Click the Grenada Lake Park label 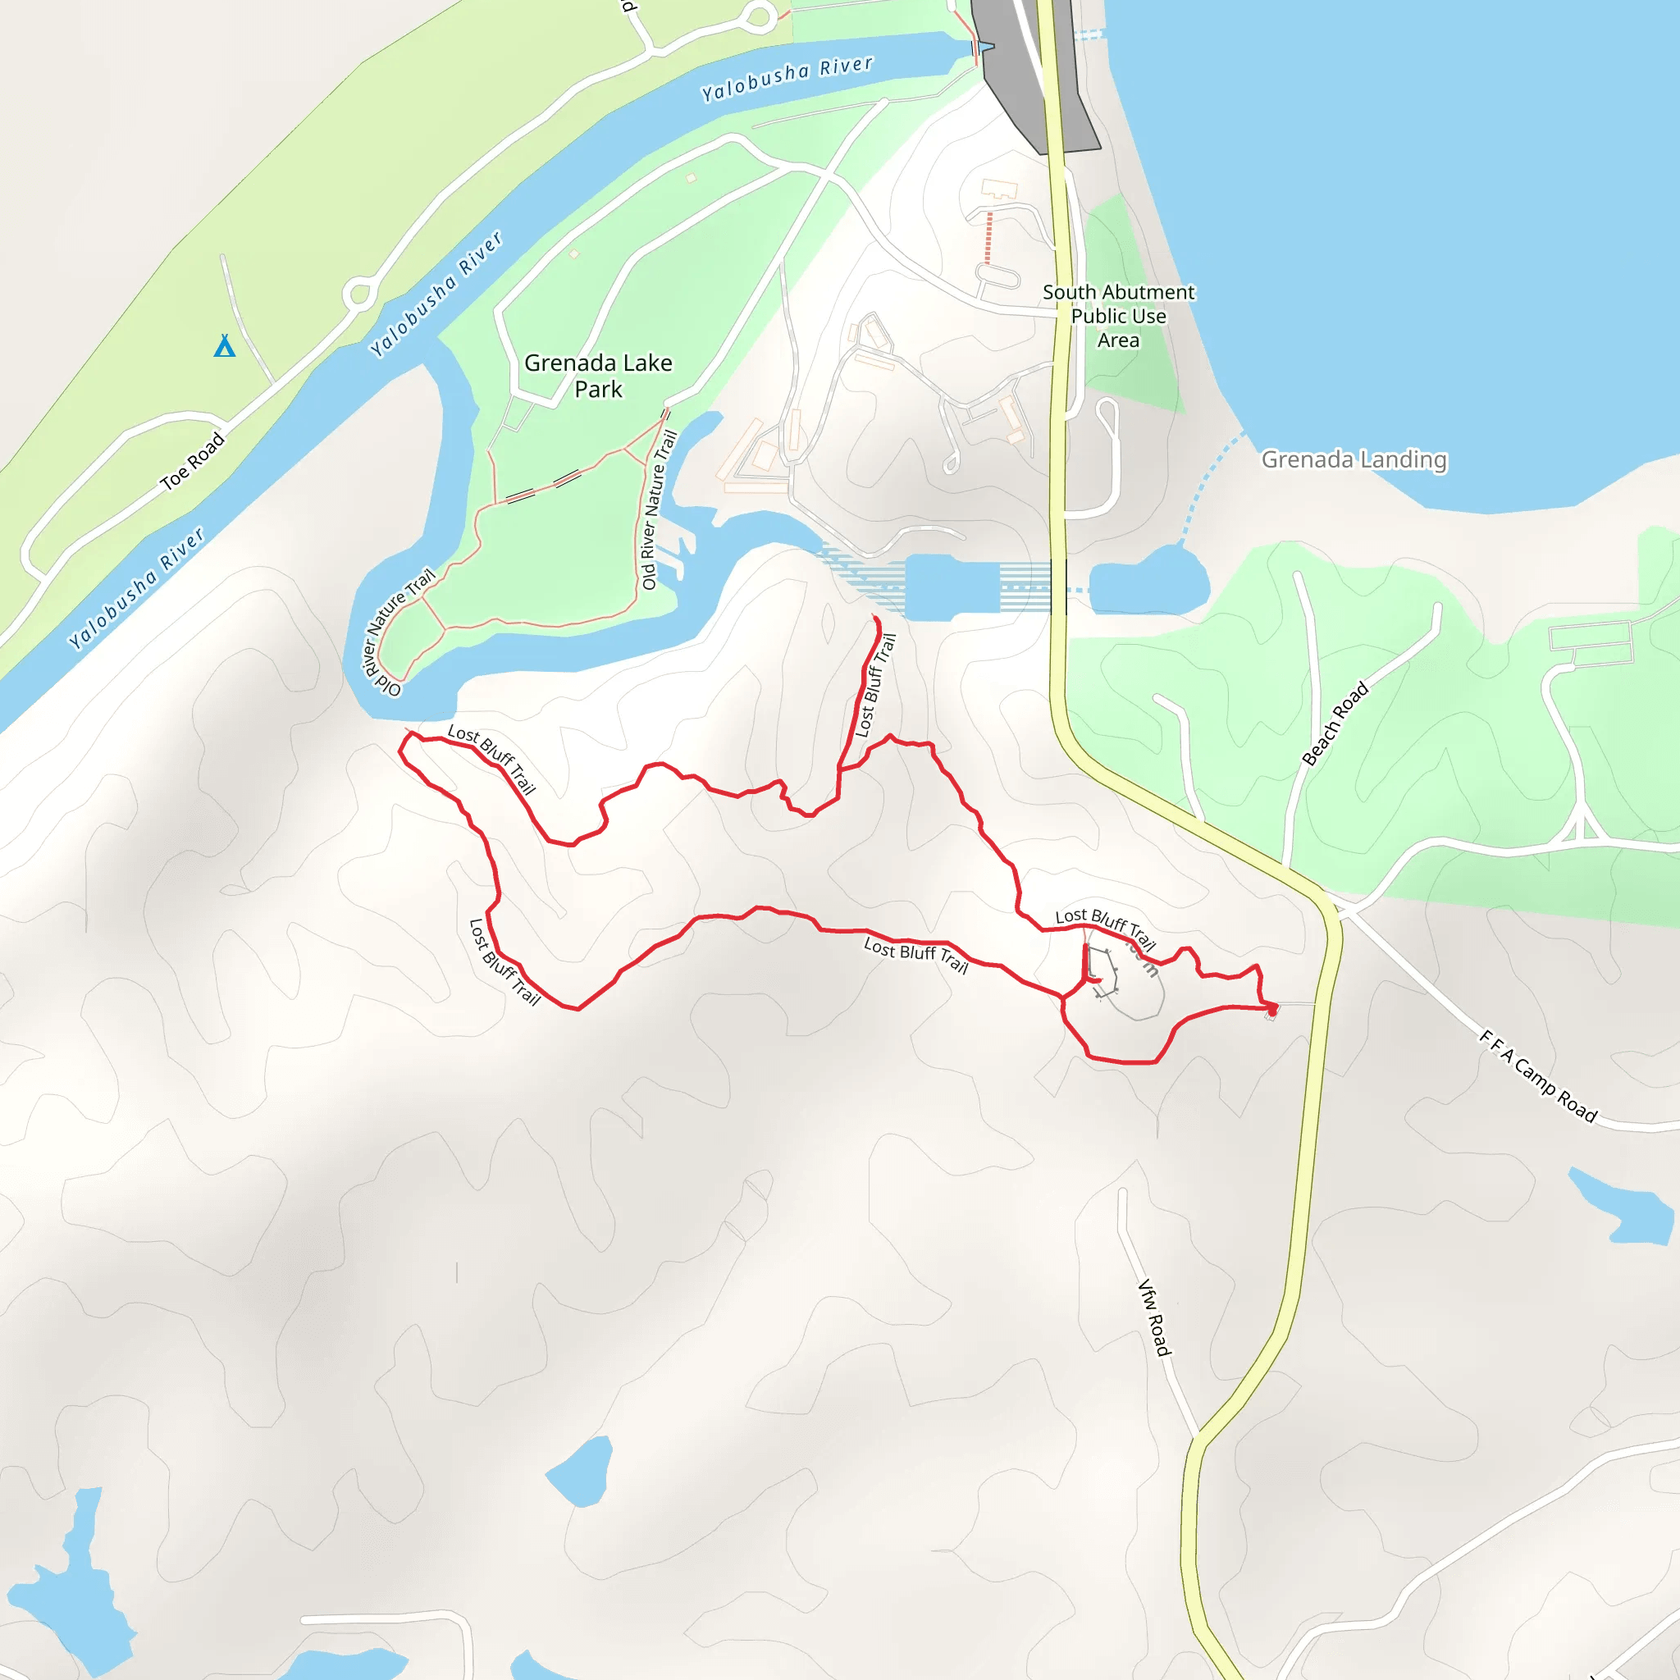(598, 376)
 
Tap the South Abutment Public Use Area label (1118, 316)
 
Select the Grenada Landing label (1354, 459)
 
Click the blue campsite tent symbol (224, 346)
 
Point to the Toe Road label (192, 462)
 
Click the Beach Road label (1335, 724)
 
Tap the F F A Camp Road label (1538, 1075)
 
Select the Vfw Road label (1155, 1317)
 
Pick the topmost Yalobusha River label (787, 78)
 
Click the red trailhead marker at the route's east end (1272, 1010)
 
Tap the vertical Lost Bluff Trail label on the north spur (874, 685)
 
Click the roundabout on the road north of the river (359, 294)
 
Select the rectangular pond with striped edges (952, 588)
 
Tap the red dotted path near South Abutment (988, 236)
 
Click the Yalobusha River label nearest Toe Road (136, 588)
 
